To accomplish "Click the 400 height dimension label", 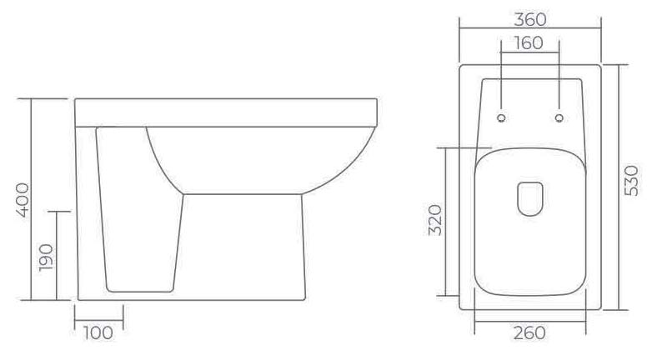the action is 23,200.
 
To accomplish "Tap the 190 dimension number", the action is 46,257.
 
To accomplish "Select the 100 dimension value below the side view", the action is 98,332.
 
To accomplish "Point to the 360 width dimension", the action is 530,19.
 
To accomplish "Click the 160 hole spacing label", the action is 529,43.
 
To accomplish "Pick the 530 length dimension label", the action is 631,181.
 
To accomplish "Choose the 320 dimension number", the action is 435,220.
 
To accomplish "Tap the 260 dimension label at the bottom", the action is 529,332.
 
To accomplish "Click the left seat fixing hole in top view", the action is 502,117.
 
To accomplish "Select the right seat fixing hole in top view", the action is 559,117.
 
